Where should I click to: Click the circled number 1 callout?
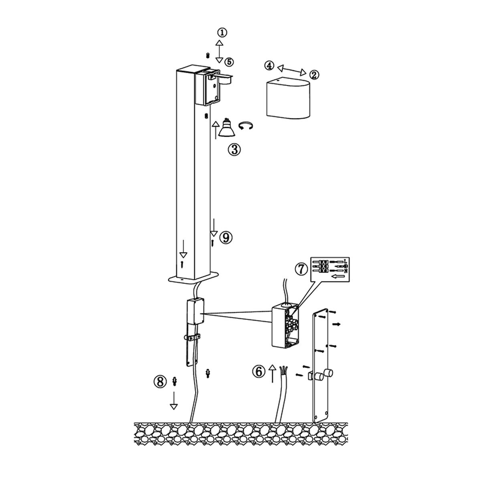click(x=222, y=32)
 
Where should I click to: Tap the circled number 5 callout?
click(x=229, y=62)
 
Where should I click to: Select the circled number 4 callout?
click(x=269, y=66)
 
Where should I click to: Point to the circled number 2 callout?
click(x=314, y=75)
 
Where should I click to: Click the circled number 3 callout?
click(x=234, y=150)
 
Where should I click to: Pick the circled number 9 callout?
click(x=226, y=237)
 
